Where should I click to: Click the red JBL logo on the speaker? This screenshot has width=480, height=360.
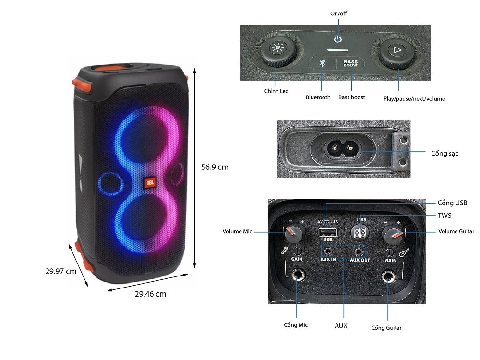[x=149, y=183]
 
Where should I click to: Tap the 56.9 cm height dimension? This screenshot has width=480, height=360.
[x=215, y=167]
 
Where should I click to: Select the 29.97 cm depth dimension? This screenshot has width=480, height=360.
[x=61, y=271]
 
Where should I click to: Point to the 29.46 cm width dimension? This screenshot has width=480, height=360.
[x=150, y=294]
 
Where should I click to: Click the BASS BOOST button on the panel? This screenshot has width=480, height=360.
[x=350, y=63]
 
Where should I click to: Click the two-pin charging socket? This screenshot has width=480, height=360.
[x=342, y=148]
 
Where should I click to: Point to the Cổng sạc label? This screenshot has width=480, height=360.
[x=445, y=153]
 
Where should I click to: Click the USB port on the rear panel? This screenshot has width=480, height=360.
[x=327, y=233]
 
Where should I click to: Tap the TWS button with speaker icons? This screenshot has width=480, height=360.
[x=360, y=233]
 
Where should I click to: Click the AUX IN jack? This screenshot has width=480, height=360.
[x=328, y=251]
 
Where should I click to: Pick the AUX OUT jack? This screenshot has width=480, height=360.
[x=358, y=251]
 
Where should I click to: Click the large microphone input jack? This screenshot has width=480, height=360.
[x=297, y=276]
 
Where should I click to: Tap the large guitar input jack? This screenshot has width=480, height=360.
[x=388, y=277]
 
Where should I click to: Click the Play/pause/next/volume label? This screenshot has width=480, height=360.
[x=414, y=99]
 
